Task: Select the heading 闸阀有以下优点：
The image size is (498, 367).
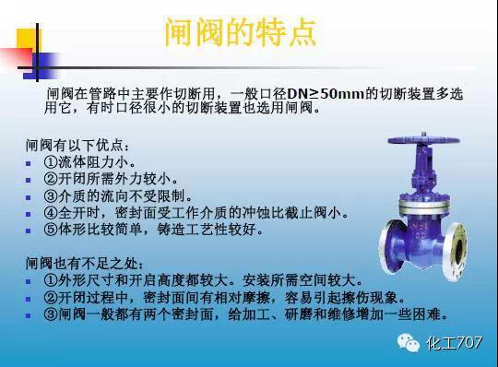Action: (78, 146)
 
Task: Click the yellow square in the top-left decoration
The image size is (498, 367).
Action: (28, 38)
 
